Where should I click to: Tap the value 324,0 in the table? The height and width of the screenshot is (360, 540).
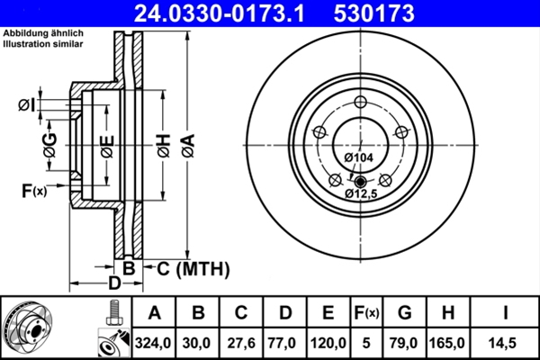(154, 343)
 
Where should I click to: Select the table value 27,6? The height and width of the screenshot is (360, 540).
(240, 343)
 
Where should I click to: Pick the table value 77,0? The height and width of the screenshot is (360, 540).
(284, 343)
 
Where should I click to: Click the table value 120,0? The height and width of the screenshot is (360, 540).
(328, 343)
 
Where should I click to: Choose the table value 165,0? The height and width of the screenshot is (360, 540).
(447, 343)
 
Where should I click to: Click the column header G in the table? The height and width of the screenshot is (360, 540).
(405, 313)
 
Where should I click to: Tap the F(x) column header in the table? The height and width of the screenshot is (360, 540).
(366, 313)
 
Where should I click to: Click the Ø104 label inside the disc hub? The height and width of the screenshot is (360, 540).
(358, 158)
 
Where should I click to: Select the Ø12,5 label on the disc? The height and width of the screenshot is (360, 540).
(362, 193)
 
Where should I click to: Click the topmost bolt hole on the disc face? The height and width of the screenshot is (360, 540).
(360, 102)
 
